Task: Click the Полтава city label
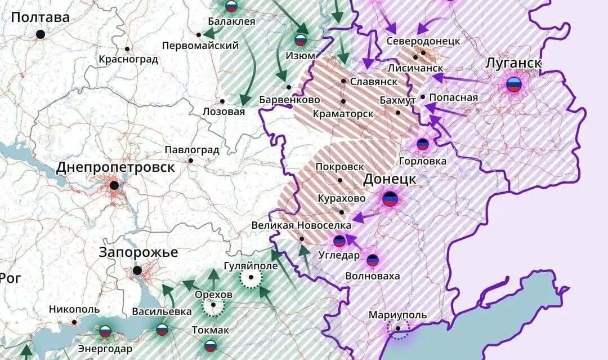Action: pos(40,17)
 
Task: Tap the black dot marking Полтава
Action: pos(41,34)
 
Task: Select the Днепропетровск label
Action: pos(115,167)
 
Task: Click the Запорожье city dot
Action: pos(137,270)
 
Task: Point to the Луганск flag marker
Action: pos(513,85)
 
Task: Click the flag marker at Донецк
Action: pos(390,198)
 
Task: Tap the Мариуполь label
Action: pos(397,315)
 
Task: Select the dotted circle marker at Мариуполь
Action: pos(399,328)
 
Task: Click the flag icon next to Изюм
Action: pos(301,41)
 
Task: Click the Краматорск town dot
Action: pos(343,101)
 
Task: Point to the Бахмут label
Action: pos(397,100)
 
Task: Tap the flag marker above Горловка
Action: pos(423,144)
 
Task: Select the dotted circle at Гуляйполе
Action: pos(251,277)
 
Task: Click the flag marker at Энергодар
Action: pos(105,331)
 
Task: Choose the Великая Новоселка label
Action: pos(301,225)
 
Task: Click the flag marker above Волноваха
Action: pos(373,260)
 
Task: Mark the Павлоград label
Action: pos(191,150)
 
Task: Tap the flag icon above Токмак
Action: pos(211,345)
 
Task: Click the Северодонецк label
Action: pos(423,41)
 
